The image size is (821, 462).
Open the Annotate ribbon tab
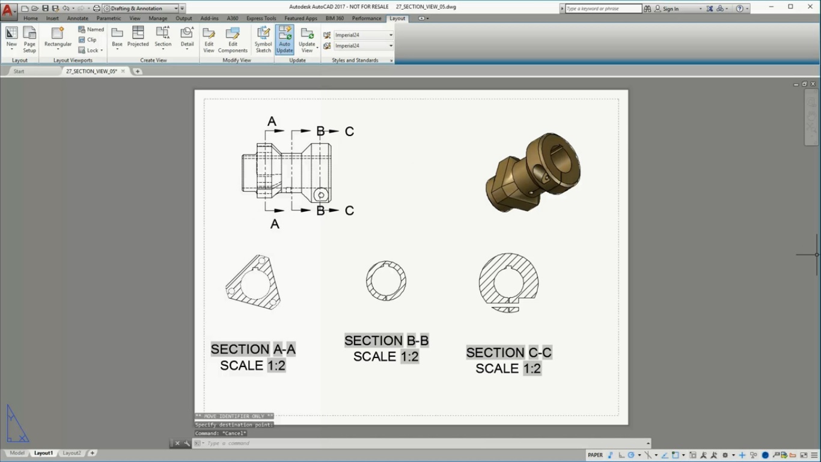(78, 18)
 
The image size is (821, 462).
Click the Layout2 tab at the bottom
(72, 453)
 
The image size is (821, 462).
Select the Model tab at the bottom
(17, 453)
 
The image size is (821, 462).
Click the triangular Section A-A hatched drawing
(253, 283)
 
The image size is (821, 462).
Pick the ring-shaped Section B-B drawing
(386, 281)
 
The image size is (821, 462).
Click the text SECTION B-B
(386, 340)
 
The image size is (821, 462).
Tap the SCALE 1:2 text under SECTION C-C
(508, 368)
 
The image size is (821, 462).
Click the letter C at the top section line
(349, 131)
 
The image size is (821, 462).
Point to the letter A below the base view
(275, 224)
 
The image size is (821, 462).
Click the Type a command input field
(421, 443)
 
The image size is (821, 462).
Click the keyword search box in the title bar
(603, 8)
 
